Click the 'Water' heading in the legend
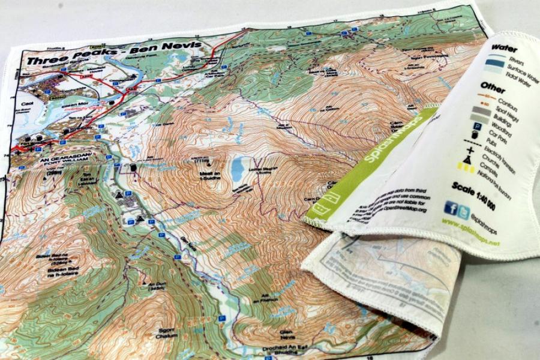(x=503, y=48)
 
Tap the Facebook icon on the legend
(x=450, y=208)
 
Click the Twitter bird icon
(x=463, y=212)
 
